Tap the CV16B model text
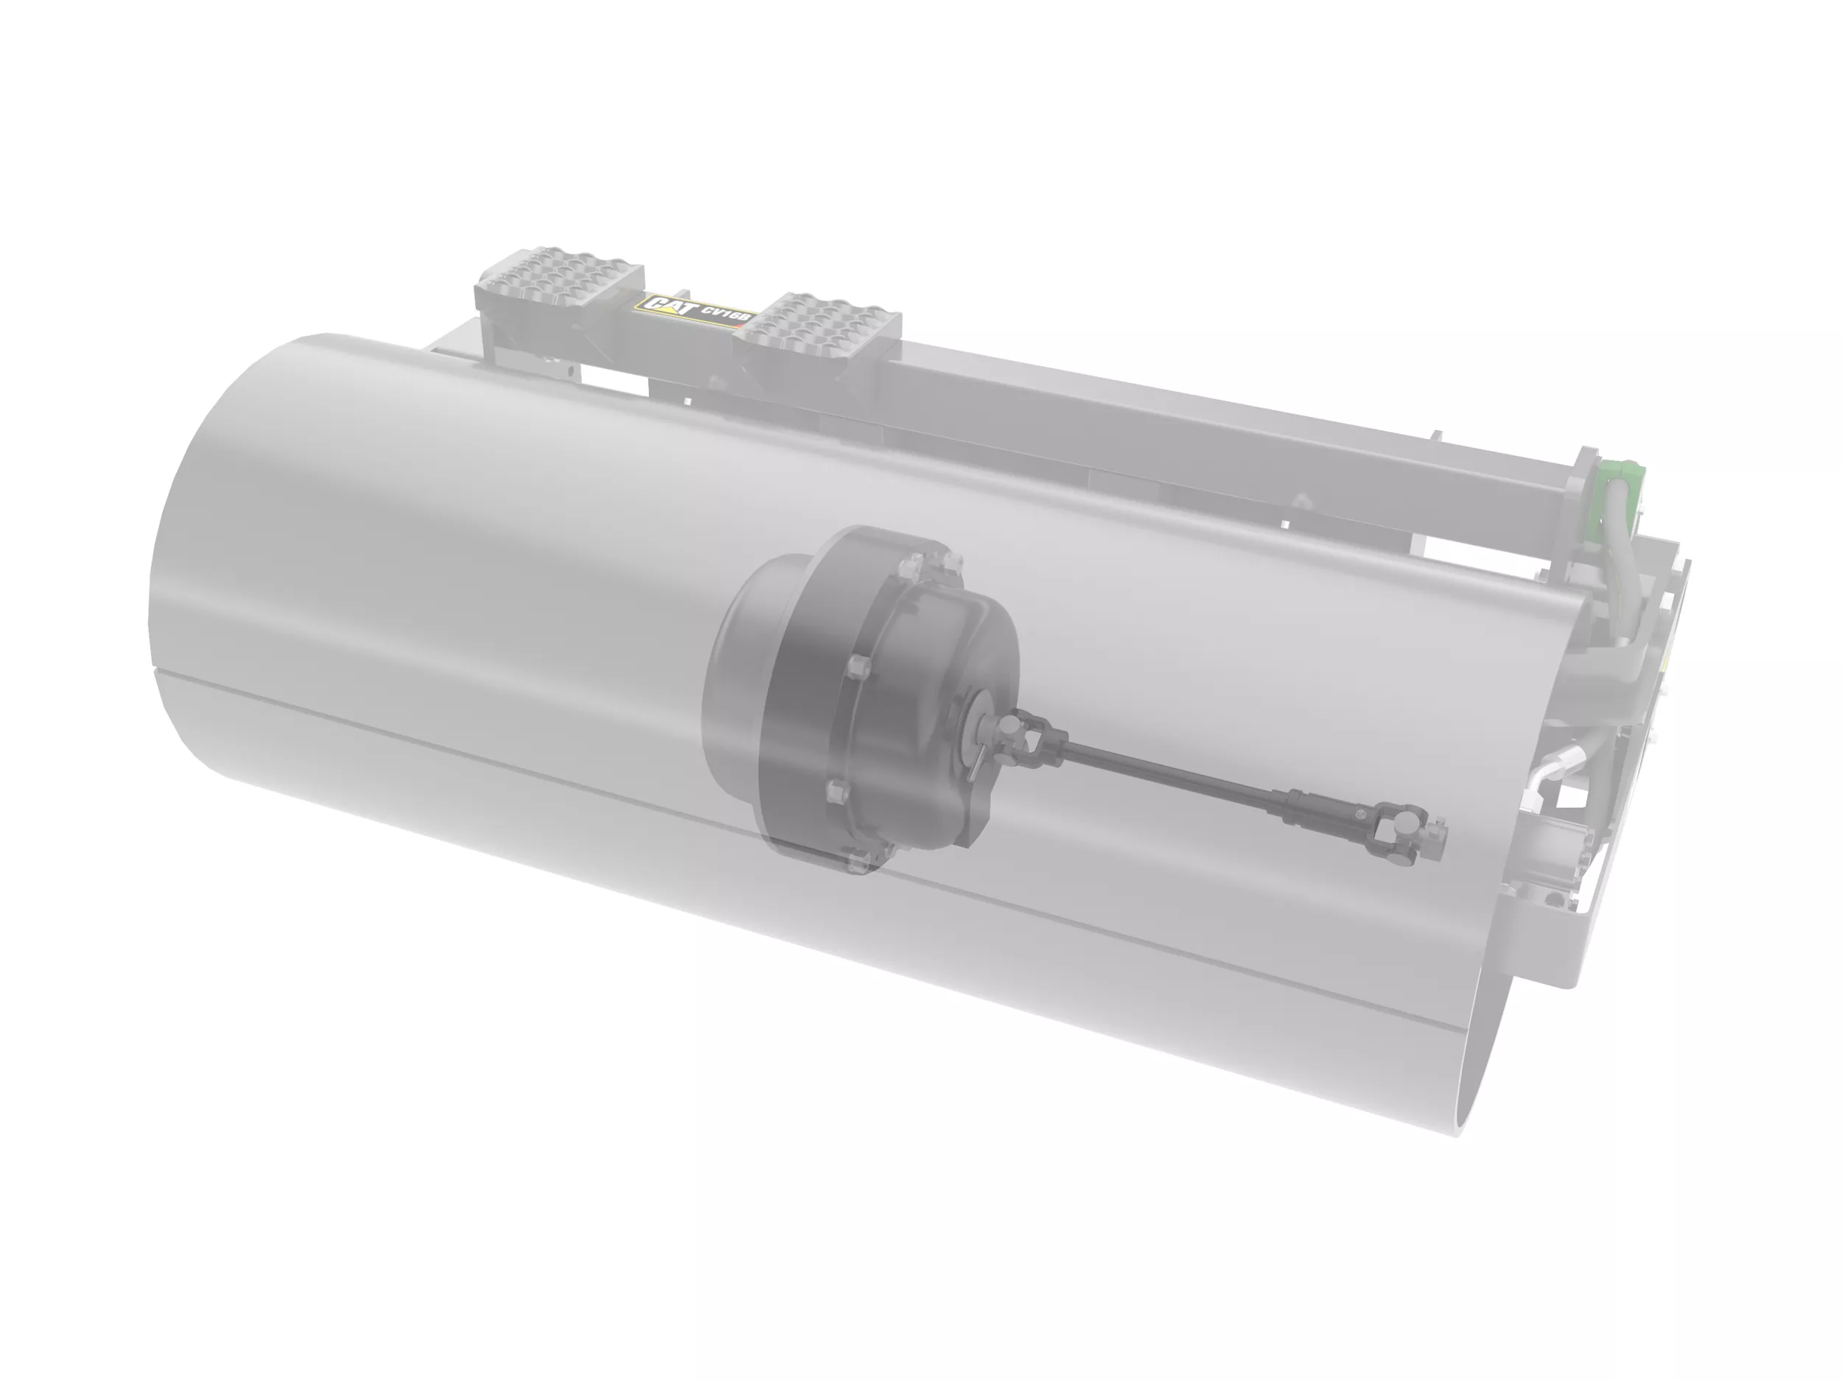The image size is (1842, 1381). [728, 314]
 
